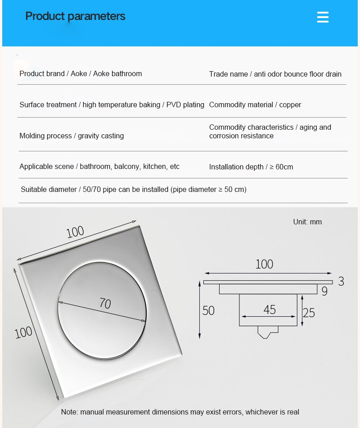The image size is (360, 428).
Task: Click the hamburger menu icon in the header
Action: click(323, 17)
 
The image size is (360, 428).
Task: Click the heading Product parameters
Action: click(75, 16)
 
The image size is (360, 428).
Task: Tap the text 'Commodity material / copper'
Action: click(255, 105)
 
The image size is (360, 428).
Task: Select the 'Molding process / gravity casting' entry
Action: click(72, 136)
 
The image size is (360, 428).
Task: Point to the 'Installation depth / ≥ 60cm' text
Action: click(251, 167)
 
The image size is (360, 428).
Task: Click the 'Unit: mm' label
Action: click(307, 222)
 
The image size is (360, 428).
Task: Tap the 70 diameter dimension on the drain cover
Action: click(105, 304)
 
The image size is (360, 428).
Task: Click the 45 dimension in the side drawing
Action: click(269, 310)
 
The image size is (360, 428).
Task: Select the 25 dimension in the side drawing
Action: click(309, 312)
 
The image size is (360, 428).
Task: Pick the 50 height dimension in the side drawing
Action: click(208, 310)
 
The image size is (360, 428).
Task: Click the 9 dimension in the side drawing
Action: click(324, 291)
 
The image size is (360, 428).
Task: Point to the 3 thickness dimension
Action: click(341, 282)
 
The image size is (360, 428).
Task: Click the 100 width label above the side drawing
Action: click(264, 264)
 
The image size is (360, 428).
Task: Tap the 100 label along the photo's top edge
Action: click(75, 232)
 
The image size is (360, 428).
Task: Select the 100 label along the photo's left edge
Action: click(23, 332)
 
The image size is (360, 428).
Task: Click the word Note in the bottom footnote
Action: click(69, 412)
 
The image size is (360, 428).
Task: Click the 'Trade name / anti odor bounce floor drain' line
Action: click(275, 74)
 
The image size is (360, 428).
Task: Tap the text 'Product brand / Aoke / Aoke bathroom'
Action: click(81, 73)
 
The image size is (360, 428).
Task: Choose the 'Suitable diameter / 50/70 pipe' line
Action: click(133, 189)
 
